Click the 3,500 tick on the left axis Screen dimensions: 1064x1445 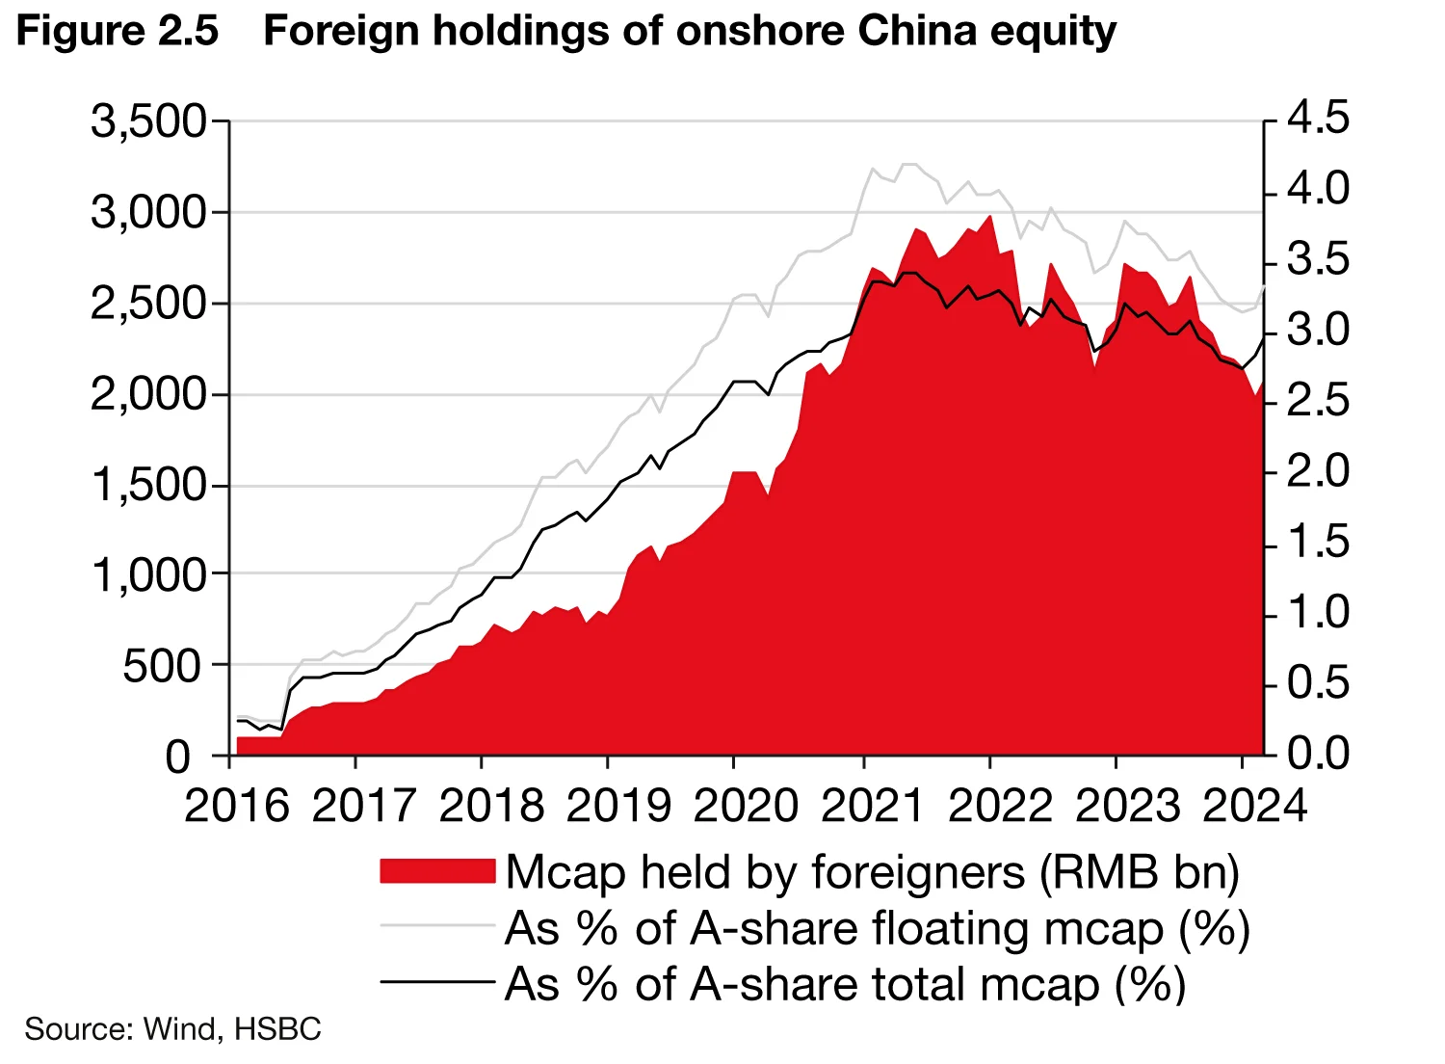coord(149,122)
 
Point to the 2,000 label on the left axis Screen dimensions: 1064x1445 coord(149,395)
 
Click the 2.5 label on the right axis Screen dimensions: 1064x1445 coord(1319,401)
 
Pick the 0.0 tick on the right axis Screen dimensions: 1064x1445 coord(1319,754)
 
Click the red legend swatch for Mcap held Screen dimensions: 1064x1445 coord(437,871)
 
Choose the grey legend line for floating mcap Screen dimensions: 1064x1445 coord(437,926)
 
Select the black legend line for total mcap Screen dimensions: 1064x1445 coord(437,982)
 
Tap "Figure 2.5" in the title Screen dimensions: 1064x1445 coord(118,32)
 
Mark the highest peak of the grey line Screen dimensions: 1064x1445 coord(907,165)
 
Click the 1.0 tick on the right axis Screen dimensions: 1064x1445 coord(1319,613)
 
